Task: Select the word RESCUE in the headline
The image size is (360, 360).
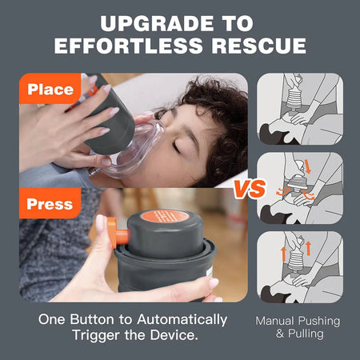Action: pos(256,45)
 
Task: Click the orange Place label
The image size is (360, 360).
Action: pos(50,89)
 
